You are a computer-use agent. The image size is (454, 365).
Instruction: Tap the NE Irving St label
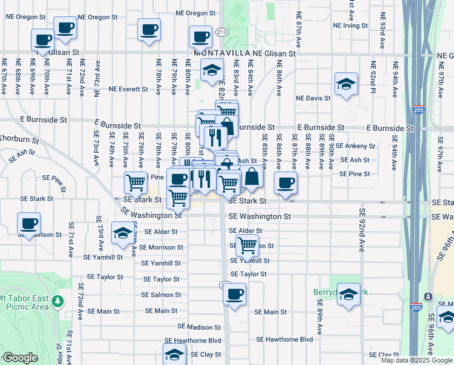point(348,26)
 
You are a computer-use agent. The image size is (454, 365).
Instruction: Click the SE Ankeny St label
point(356,146)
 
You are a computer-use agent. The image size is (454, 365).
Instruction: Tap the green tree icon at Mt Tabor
point(58,301)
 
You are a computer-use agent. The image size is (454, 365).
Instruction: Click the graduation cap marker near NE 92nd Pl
point(345,85)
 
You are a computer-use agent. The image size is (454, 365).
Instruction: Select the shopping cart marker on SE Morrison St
point(247,246)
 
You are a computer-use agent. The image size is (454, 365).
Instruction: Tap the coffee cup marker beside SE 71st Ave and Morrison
point(29,223)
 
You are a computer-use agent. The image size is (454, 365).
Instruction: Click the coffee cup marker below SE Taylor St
point(234,295)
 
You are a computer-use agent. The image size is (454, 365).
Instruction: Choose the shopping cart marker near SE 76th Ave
point(135,182)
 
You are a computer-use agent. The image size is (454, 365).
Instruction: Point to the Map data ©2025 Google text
point(416,360)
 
